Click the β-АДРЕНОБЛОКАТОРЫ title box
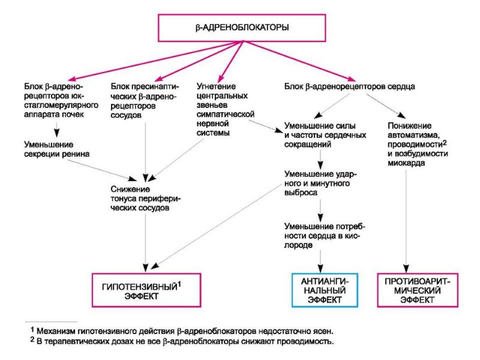pyautogui.click(x=242, y=28)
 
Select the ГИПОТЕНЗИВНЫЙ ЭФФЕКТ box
pyautogui.click(x=146, y=290)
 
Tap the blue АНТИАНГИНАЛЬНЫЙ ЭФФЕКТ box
pyautogui.click(x=325, y=290)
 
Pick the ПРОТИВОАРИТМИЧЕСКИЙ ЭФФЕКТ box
pyautogui.click(x=418, y=290)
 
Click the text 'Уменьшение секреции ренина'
pyautogui.click(x=57, y=149)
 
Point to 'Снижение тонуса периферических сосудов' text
pyautogui.click(x=146, y=199)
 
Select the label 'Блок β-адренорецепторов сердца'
pyautogui.click(x=350, y=86)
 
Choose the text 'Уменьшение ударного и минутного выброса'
pyautogui.click(x=320, y=184)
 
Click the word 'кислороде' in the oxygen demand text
pyautogui.click(x=322, y=241)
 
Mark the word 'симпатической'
pyautogui.click(x=226, y=115)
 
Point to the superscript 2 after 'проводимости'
pyautogui.click(x=445, y=142)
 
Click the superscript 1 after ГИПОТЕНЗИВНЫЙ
pyautogui.click(x=179, y=284)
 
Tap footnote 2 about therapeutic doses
pyautogui.click(x=182, y=341)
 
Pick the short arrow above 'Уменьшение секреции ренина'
pyautogui.click(x=56, y=130)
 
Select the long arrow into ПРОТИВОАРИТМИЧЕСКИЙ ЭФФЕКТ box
pyautogui.click(x=406, y=221)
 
